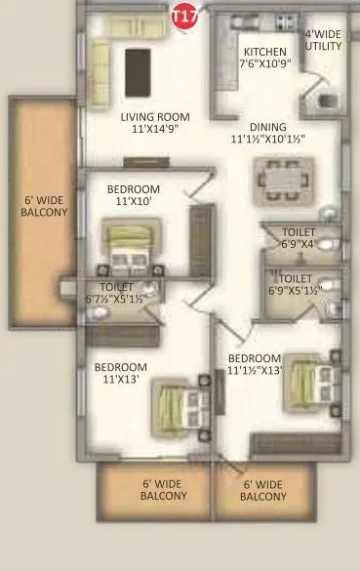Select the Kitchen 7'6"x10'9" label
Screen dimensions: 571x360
(265, 58)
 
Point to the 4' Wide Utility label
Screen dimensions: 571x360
(323, 40)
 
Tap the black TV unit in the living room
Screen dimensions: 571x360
(139, 68)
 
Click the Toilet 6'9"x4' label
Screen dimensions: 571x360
(298, 238)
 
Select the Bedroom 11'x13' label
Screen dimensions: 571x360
(120, 374)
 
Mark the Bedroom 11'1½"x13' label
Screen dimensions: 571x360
(255, 364)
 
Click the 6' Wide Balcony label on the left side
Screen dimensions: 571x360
(44, 203)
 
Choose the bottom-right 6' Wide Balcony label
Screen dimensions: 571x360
(263, 490)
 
